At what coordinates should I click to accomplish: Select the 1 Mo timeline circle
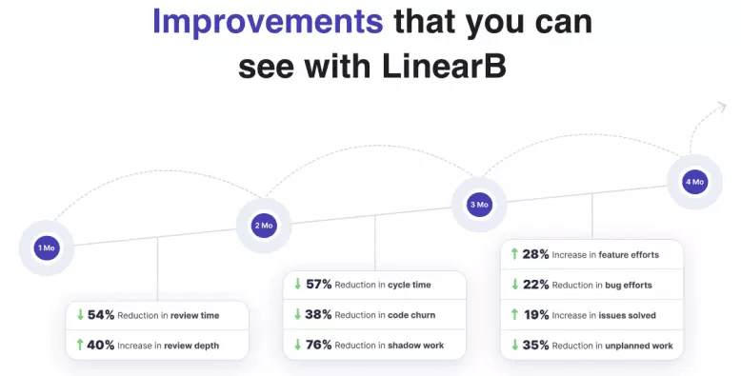click(46, 248)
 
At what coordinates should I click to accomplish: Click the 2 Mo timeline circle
click(263, 226)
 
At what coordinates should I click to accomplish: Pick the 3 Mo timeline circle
click(478, 204)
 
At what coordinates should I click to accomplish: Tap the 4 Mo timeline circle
click(694, 181)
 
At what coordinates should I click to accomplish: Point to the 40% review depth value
click(101, 345)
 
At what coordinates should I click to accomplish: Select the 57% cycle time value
click(318, 285)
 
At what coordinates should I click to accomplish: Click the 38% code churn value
click(318, 315)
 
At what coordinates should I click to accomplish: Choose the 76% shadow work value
click(318, 345)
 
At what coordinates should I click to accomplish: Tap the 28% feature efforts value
click(535, 254)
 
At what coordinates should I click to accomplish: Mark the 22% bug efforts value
click(535, 285)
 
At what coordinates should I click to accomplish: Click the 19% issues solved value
click(535, 315)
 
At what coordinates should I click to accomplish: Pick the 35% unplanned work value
click(535, 345)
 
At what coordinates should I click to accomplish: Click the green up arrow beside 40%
click(79, 345)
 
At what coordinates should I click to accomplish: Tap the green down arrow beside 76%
click(297, 345)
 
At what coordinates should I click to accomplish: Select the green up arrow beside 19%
click(514, 315)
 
